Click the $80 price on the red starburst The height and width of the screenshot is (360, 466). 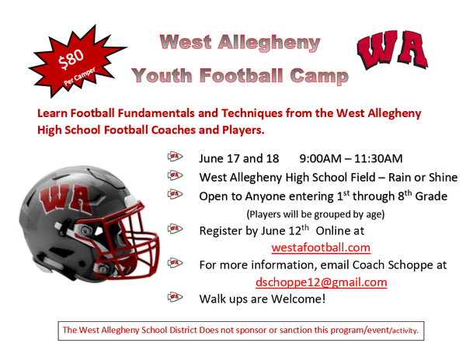71,59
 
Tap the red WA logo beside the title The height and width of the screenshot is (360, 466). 392,50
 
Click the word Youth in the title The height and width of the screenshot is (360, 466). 162,76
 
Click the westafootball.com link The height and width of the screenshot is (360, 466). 321,247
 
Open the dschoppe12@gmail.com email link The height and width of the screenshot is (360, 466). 322,282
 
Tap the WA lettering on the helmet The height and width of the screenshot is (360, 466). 66,199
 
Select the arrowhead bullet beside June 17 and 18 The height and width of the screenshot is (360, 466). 175,156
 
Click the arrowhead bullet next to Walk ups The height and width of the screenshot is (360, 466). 175,296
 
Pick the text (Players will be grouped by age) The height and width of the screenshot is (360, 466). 315,214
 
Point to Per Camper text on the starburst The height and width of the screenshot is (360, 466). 80,76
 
